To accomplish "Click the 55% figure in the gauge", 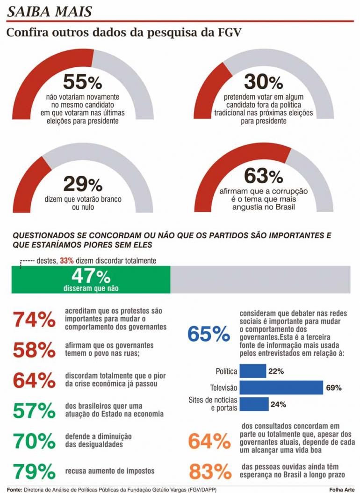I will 83,83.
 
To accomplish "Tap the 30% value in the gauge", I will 263,83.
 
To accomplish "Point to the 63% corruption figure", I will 263,177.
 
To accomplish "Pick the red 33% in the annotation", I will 66,261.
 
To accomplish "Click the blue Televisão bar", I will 281,388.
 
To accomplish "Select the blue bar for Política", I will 252,372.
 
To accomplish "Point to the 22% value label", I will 276,372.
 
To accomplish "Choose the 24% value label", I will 278,404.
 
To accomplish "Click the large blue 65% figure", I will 208,334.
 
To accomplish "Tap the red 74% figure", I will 34,321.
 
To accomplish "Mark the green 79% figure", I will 34,471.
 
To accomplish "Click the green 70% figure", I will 34,441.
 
